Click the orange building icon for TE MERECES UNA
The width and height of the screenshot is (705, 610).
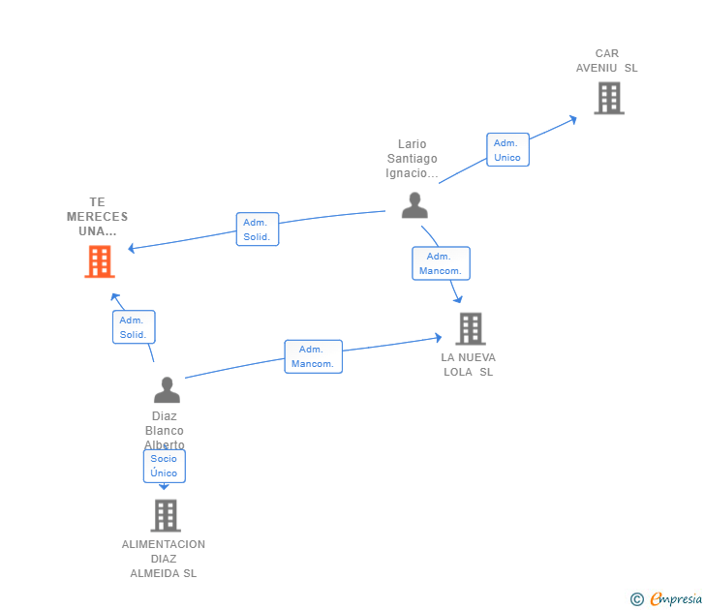[x=100, y=261]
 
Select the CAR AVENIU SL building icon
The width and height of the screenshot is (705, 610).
[x=608, y=98]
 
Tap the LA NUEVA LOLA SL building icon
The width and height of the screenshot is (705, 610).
[x=470, y=328]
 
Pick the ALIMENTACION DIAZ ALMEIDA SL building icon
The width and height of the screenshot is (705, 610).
[x=166, y=515]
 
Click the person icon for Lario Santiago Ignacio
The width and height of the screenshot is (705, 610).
[x=414, y=205]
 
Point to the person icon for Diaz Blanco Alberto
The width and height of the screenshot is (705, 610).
[x=167, y=389]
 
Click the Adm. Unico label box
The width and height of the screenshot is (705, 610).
[x=507, y=150]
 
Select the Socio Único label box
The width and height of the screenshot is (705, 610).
[x=164, y=466]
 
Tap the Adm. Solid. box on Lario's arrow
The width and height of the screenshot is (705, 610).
[x=257, y=229]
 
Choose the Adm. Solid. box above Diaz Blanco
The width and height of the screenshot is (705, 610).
[x=133, y=327]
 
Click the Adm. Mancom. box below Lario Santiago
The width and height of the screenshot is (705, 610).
[x=441, y=263]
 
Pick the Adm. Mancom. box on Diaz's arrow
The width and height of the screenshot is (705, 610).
[x=313, y=356]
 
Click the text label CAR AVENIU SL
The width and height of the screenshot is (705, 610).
[x=607, y=61]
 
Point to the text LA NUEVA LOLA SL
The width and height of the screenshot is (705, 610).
[x=468, y=364]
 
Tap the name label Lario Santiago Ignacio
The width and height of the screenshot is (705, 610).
[x=412, y=159]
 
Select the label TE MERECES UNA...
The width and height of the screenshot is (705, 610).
[x=97, y=217]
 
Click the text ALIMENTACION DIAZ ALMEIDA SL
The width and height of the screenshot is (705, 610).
[x=164, y=559]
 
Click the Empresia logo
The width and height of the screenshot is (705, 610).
[x=676, y=599]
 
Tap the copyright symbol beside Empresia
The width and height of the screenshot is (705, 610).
[x=636, y=599]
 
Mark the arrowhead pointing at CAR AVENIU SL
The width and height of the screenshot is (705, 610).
[x=572, y=120]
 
